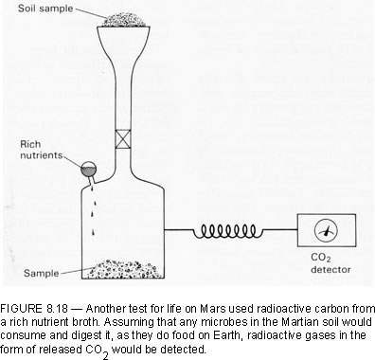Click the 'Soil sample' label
45,9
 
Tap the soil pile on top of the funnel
124,20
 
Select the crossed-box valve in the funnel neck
123,139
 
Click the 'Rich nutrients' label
41,150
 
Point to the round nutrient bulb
88,169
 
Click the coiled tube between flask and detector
228,231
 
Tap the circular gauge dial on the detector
326,230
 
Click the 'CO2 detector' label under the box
330,263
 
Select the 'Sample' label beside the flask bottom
41,273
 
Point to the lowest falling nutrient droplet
93,233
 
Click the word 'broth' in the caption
87,322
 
